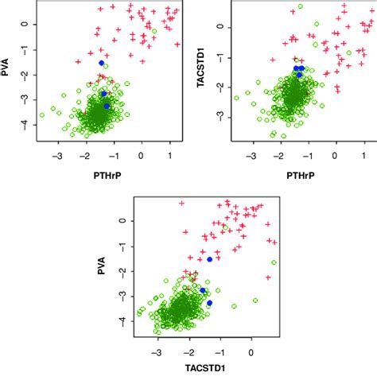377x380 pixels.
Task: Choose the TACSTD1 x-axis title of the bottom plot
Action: [207, 372]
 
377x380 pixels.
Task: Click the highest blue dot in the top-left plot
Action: [101, 63]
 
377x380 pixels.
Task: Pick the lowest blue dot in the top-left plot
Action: [107, 106]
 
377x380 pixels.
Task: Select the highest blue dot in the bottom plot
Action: [210, 259]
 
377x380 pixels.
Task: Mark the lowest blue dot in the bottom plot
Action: [209, 303]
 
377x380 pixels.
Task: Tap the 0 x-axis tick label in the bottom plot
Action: [251, 352]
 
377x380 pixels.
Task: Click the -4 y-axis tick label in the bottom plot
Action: [123, 322]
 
